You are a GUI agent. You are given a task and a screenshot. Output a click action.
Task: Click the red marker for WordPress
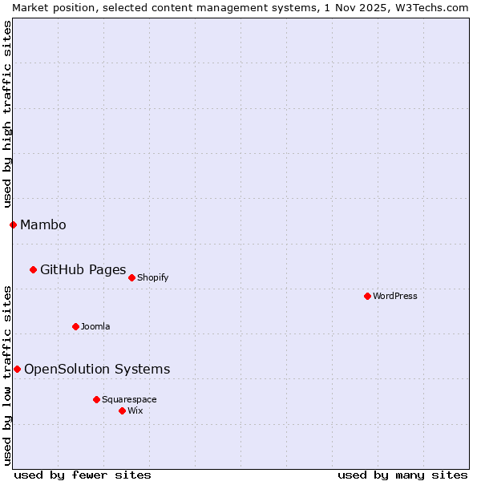pyautogui.click(x=367, y=296)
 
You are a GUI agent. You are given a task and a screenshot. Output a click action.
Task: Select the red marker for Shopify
pyautogui.click(x=131, y=277)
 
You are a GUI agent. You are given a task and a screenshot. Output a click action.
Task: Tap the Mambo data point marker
pyautogui.click(x=13, y=224)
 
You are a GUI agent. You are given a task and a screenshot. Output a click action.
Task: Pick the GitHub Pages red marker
pyautogui.click(x=33, y=269)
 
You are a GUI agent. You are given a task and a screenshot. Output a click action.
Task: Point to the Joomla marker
pyautogui.click(x=75, y=326)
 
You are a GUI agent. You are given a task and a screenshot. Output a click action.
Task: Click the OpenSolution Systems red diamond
pyautogui.click(x=17, y=369)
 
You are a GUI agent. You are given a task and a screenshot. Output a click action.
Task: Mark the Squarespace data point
pyautogui.click(x=96, y=399)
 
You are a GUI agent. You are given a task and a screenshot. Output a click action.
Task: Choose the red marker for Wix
pyautogui.click(x=122, y=410)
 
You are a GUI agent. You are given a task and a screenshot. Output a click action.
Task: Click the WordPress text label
pyautogui.click(x=395, y=296)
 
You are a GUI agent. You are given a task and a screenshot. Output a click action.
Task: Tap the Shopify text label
pyautogui.click(x=152, y=277)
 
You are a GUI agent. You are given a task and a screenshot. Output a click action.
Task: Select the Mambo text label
pyautogui.click(x=43, y=224)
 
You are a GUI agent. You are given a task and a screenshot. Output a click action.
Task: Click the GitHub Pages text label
pyautogui.click(x=83, y=269)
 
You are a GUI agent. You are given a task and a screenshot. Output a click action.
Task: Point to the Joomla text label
pyautogui.click(x=95, y=326)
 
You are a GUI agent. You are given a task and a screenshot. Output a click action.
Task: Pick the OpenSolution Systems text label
pyautogui.click(x=97, y=369)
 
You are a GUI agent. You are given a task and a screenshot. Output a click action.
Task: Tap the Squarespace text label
pyautogui.click(x=129, y=399)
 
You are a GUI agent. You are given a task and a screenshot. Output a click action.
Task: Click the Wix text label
pyautogui.click(x=135, y=410)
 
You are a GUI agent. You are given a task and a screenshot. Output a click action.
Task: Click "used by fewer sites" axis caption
pyautogui.click(x=83, y=475)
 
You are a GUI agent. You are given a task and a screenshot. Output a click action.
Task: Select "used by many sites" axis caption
pyautogui.click(x=402, y=475)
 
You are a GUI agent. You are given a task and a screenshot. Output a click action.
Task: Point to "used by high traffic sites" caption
pyautogui.click(x=7, y=113)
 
